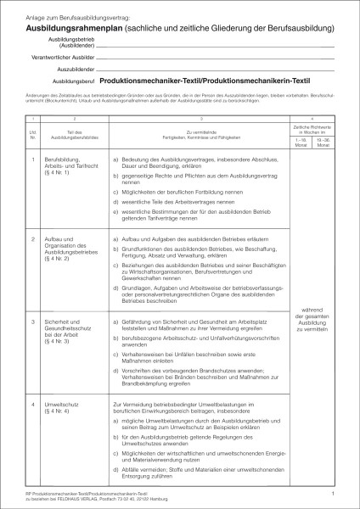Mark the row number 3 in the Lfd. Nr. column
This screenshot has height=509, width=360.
point(33,322)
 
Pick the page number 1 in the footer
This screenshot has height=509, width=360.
point(334,492)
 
